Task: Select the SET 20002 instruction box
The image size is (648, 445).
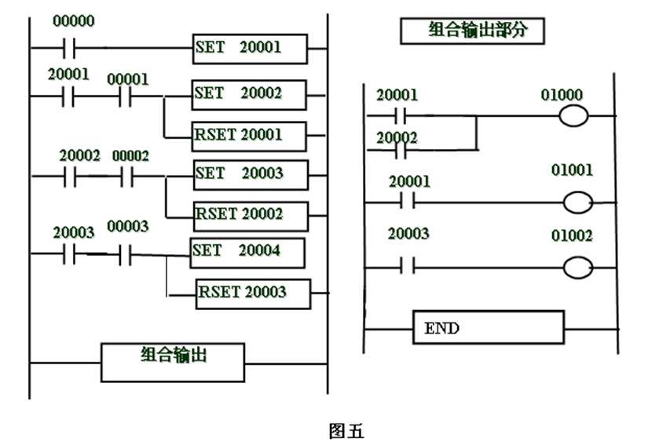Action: pyautogui.click(x=249, y=95)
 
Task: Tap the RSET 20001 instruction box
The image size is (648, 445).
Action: pyautogui.click(x=249, y=135)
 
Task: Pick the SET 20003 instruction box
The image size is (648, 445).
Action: pyautogui.click(x=251, y=174)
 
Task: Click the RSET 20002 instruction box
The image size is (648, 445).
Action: pyautogui.click(x=251, y=213)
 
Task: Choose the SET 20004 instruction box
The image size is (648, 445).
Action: pyautogui.click(x=247, y=253)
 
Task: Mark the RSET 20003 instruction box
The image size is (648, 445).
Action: pyautogui.click(x=253, y=294)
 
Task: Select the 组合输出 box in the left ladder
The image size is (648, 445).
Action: pyautogui.click(x=173, y=362)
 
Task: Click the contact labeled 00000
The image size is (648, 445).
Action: pyautogui.click(x=72, y=48)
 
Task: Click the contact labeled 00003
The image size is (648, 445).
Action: pyautogui.click(x=126, y=255)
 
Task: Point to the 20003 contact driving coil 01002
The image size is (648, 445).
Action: pyautogui.click(x=407, y=267)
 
